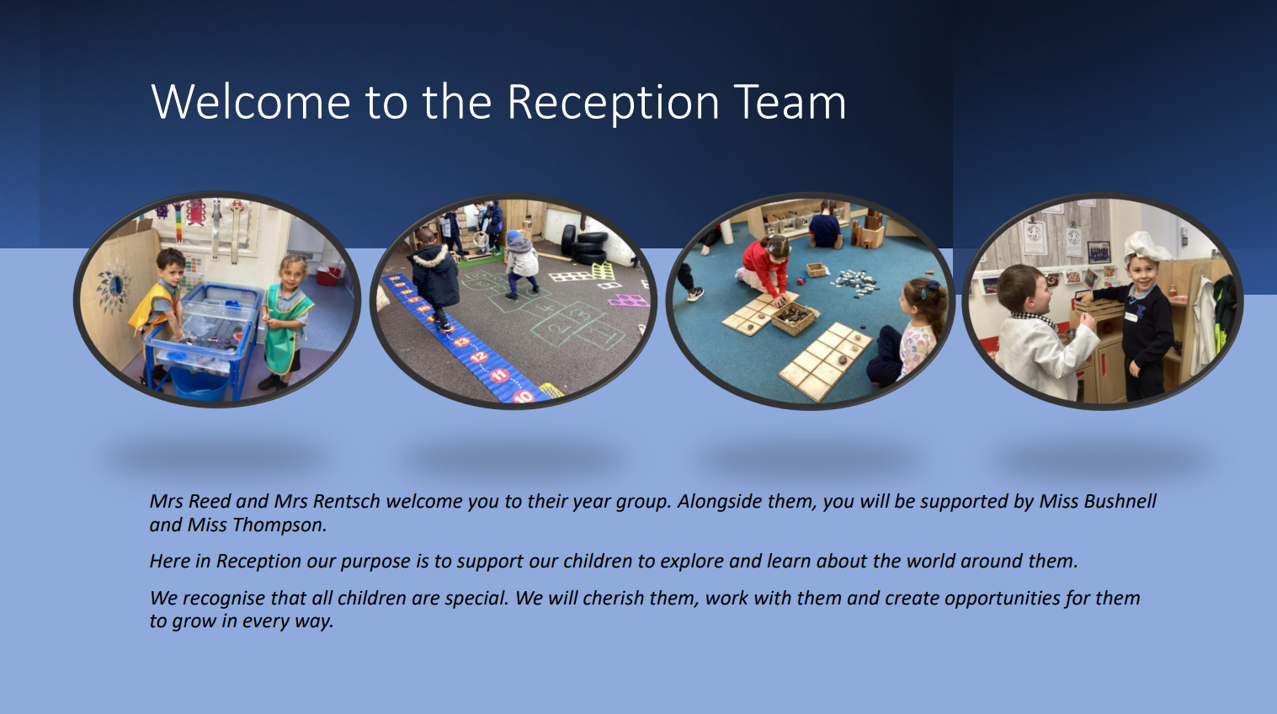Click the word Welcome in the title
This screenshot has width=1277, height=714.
pyautogui.click(x=251, y=102)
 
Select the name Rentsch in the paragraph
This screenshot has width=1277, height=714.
pyautogui.click(x=347, y=501)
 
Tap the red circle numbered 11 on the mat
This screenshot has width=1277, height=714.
pyautogui.click(x=499, y=376)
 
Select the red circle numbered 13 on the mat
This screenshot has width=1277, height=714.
pyautogui.click(x=462, y=342)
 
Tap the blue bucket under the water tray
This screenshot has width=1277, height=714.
pyautogui.click(x=200, y=383)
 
